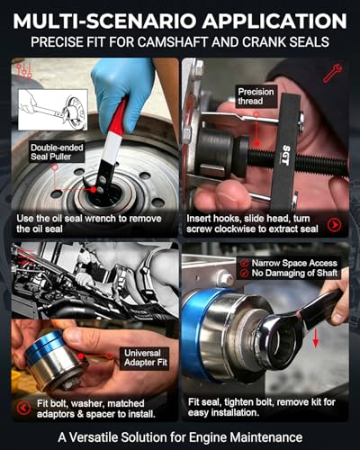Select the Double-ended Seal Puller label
(x=57, y=152)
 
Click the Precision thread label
(x=256, y=96)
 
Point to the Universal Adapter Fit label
(x=146, y=357)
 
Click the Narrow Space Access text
(x=294, y=263)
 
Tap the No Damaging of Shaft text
(x=294, y=273)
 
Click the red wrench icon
(x=332, y=73)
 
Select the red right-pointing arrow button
(x=334, y=224)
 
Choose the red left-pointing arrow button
(x=23, y=409)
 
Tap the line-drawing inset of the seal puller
(x=53, y=110)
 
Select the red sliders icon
(x=24, y=71)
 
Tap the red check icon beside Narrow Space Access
(x=245, y=263)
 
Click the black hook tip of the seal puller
(x=85, y=183)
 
